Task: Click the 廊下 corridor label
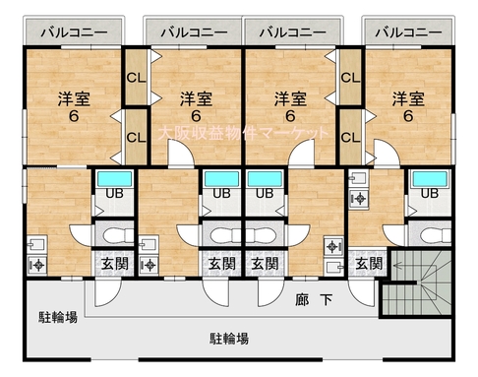point(314,299)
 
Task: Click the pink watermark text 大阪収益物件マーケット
point(243,133)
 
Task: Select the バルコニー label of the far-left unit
point(74,32)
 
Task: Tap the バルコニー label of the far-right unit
point(408,32)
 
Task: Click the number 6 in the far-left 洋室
point(74,116)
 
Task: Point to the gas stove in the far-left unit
point(37,265)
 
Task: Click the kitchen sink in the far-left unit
point(37,245)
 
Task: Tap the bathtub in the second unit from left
point(222,179)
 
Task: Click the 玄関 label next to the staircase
point(369,264)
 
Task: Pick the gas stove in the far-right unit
point(359,199)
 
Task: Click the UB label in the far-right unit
point(430,193)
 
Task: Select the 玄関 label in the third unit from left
point(265,264)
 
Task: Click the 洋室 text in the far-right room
point(408,99)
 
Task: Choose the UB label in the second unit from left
point(221,193)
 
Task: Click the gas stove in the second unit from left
point(149,265)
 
